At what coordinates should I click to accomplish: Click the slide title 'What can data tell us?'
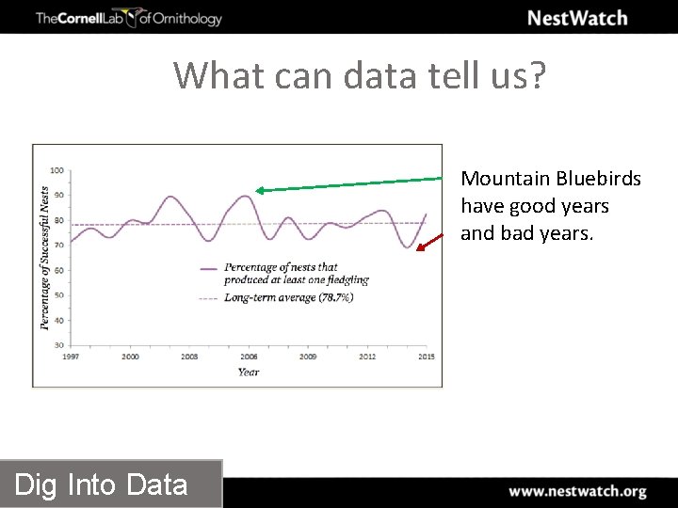coord(359,74)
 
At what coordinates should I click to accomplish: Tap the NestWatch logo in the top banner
coord(576,18)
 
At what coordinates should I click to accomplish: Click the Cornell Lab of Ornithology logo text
coord(129,18)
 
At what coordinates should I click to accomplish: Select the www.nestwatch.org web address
coord(577,491)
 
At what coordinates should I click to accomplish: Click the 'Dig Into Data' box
coord(102,484)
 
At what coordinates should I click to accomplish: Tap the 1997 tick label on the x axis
coord(71,357)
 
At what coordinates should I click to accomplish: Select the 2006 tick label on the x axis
coord(249,357)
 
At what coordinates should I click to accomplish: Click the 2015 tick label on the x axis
coord(427,357)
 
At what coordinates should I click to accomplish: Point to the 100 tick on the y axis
coord(56,170)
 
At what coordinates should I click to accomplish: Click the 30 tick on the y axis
coord(58,345)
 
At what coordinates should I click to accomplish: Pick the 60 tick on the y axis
coord(58,270)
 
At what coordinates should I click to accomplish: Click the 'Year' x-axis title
coord(249,372)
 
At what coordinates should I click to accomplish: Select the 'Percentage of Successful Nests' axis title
coord(44,257)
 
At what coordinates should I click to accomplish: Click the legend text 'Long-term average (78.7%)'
coord(288,297)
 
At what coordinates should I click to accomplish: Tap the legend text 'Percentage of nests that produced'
coord(281,267)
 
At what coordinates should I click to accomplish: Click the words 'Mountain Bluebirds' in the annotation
coord(551,179)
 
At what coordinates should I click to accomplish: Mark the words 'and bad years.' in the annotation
coord(526,233)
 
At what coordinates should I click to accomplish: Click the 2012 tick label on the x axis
coord(367,357)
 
